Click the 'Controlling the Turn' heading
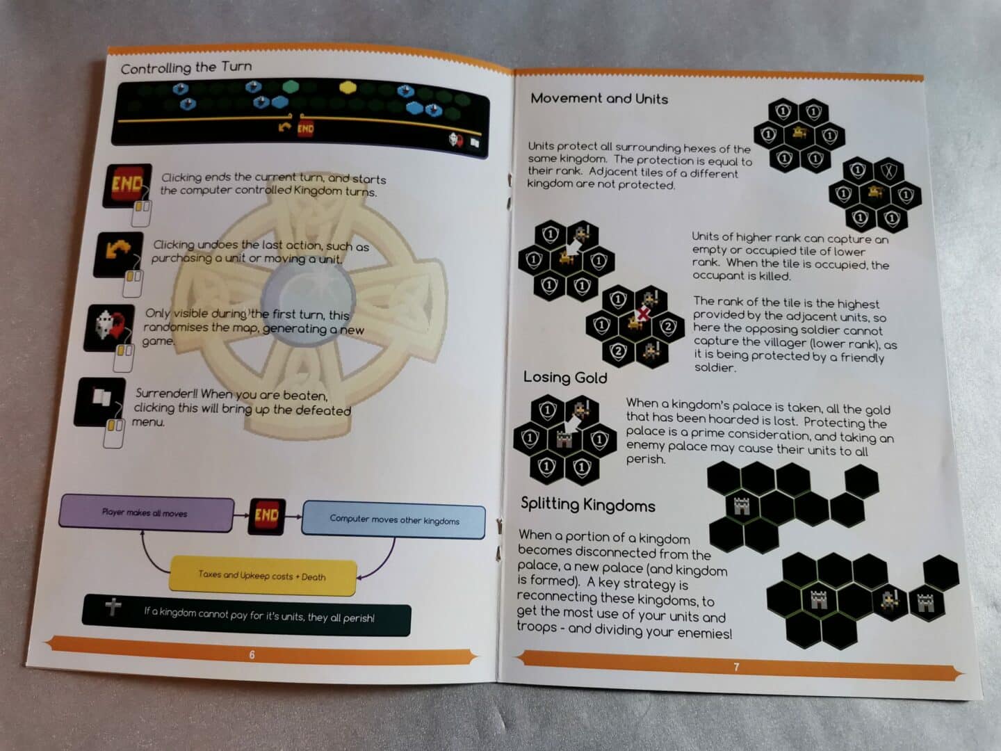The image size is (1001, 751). (186, 67)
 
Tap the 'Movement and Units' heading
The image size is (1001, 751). (599, 99)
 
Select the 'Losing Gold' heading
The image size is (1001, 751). (565, 377)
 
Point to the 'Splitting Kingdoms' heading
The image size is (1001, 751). (588, 504)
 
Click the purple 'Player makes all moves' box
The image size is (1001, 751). (146, 513)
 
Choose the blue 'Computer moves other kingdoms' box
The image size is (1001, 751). (394, 520)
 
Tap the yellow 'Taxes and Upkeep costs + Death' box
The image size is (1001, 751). (262, 576)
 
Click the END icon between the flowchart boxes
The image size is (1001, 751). (267, 516)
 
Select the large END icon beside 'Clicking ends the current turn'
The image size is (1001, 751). (127, 185)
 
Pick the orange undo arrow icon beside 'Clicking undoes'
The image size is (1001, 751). (119, 255)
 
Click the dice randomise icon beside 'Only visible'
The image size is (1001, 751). (109, 328)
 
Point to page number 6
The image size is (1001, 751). (252, 655)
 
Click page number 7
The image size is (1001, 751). (736, 667)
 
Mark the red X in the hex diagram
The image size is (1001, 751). (643, 314)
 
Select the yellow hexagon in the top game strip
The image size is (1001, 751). (348, 87)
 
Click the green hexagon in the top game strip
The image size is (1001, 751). (291, 86)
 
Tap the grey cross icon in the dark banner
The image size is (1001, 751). (113, 607)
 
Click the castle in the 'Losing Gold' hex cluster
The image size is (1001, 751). (564, 440)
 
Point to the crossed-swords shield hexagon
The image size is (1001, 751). (888, 171)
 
